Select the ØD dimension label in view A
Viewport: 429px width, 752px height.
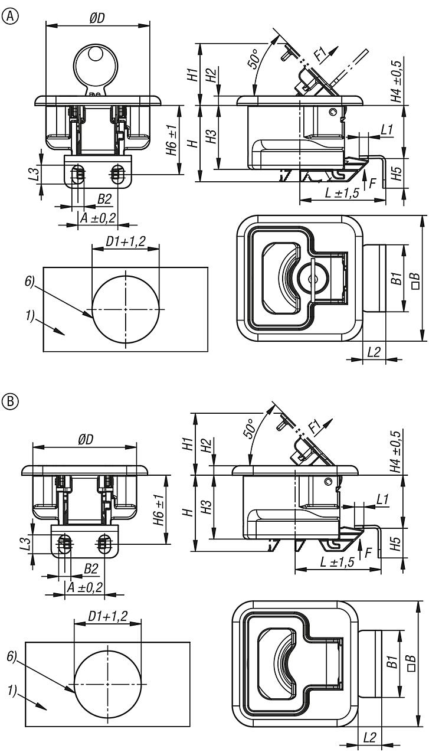(x=97, y=18)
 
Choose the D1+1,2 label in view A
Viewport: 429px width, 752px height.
(x=126, y=240)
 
